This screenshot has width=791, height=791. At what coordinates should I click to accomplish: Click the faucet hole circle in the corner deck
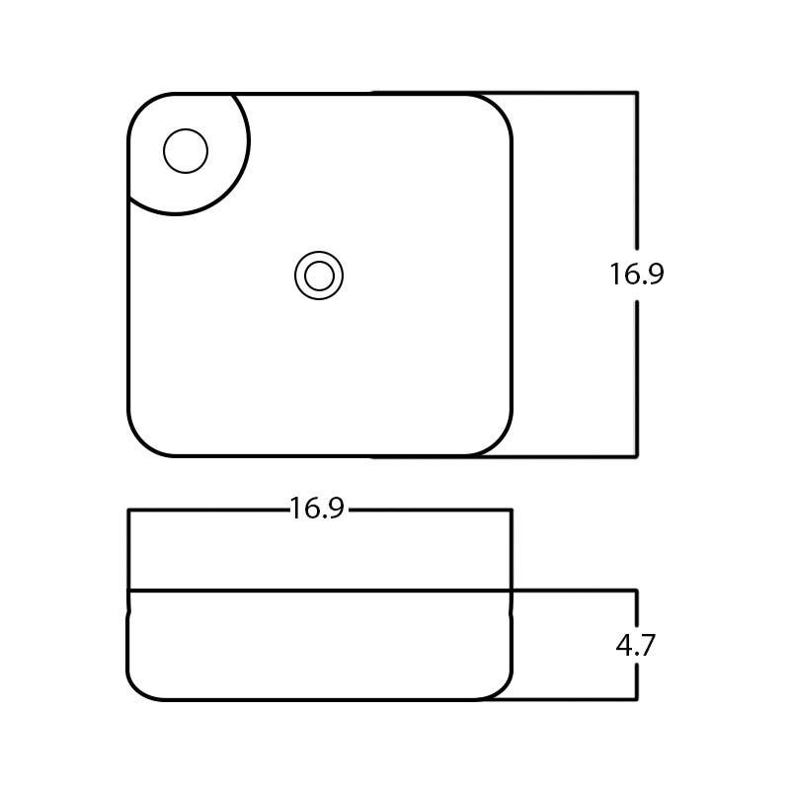[x=186, y=152]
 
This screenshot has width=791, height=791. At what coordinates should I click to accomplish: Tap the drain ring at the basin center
[x=319, y=276]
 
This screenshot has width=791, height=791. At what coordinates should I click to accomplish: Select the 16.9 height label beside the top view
[x=636, y=275]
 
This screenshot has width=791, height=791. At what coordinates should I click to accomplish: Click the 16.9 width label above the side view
[x=316, y=509]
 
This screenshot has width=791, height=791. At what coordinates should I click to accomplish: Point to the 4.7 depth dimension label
[x=635, y=646]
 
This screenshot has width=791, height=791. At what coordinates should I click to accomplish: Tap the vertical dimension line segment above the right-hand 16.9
[x=636, y=168]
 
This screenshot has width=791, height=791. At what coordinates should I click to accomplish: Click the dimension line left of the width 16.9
[x=207, y=510]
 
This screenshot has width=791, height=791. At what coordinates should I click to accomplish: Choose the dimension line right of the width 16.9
[x=430, y=510]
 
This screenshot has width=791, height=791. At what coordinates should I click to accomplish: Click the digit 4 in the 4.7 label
[x=625, y=646]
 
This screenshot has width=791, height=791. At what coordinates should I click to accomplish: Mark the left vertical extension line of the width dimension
[x=129, y=548]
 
